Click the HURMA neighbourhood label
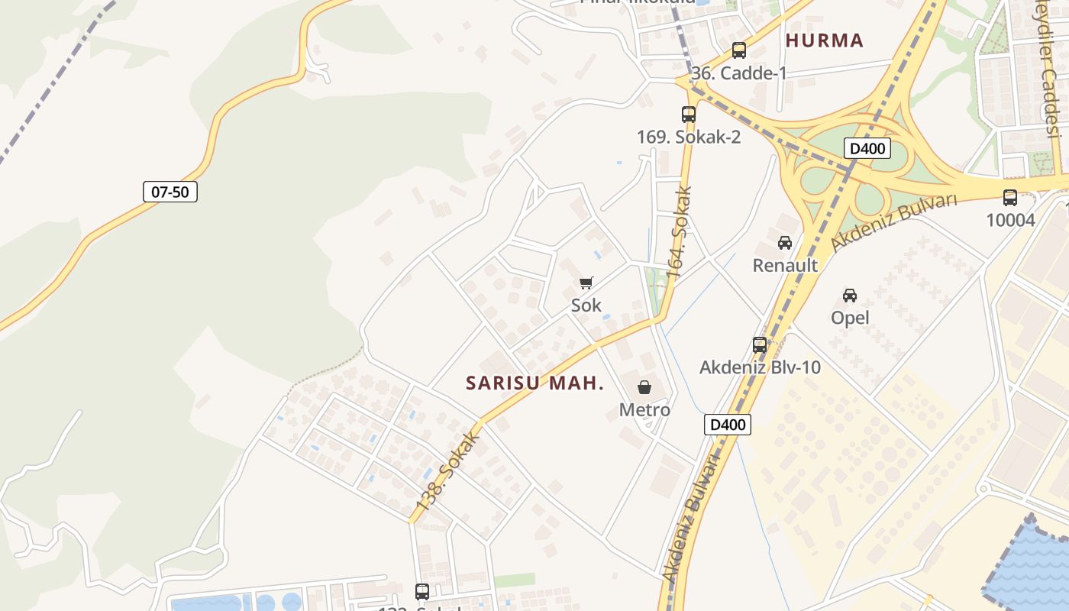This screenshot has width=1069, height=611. coord(825,40)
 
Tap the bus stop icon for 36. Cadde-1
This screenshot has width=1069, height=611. coord(738,50)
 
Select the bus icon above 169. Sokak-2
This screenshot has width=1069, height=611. coord(689,115)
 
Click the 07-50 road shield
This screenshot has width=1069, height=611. coord(170,192)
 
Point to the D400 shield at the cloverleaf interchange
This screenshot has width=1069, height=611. coord(867,148)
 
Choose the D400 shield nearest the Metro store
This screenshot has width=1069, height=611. coord(727,425)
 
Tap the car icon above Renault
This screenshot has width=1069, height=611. coord(784,243)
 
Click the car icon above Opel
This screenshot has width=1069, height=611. coord(850,295)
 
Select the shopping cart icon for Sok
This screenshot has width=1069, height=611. coord(586,283)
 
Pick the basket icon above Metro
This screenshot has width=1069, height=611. coord(644,387)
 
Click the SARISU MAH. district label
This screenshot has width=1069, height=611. coord(534,383)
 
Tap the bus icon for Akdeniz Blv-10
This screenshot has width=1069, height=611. coord(759,344)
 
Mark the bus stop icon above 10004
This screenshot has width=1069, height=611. coord(1009,198)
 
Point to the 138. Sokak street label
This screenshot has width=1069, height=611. coord(448,473)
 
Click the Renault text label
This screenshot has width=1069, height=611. coord(785,266)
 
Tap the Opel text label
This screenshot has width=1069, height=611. coord(850,318)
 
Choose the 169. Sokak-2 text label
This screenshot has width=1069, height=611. coord(689,137)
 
